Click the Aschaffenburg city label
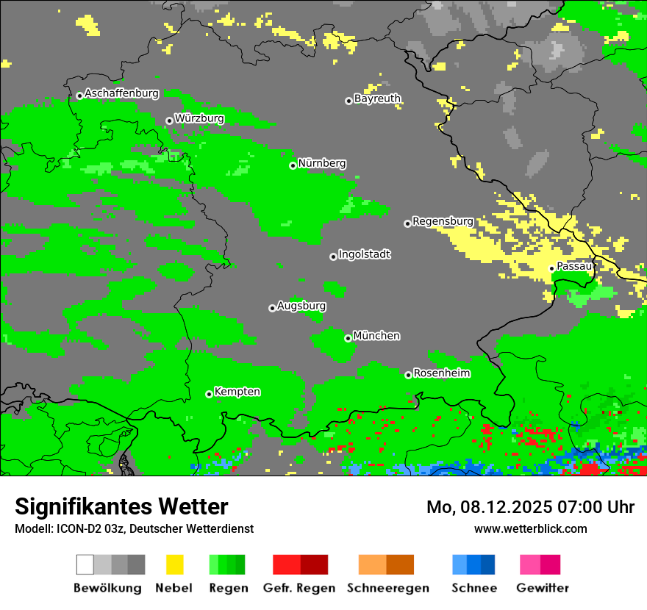click(122, 93)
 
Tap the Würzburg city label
click(199, 118)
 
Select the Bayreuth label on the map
click(377, 98)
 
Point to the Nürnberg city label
click(322, 163)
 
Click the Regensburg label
click(443, 221)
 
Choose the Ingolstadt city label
click(364, 254)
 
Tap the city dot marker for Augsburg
click(272, 308)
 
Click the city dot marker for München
click(348, 338)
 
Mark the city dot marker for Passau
click(552, 268)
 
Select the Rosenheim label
click(441, 373)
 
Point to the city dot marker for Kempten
click(210, 394)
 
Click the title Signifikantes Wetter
click(121, 506)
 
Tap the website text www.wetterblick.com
click(530, 528)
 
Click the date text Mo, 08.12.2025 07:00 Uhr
click(530, 507)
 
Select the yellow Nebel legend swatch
click(174, 564)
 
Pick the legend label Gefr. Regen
click(299, 588)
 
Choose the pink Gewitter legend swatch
click(530, 564)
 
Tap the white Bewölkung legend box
click(85, 564)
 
